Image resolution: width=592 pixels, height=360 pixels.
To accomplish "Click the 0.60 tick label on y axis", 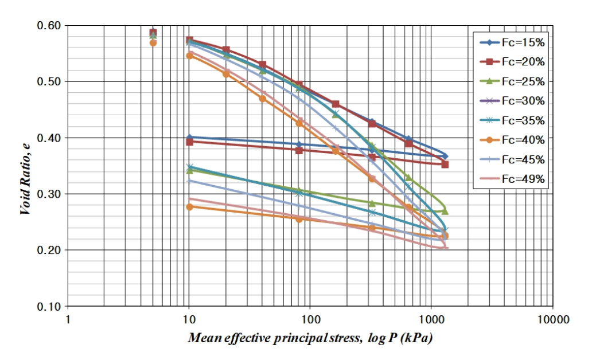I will tap(49, 26).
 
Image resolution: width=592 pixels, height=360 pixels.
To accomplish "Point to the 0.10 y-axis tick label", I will tap(49, 306).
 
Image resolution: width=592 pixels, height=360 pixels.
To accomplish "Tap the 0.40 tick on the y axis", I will tap(49, 138).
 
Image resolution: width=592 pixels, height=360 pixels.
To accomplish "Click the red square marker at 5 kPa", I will tap(153, 33).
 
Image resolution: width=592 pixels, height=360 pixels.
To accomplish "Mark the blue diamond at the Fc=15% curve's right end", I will tap(445, 156).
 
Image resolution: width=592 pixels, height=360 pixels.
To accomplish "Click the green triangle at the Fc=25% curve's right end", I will tap(445, 211).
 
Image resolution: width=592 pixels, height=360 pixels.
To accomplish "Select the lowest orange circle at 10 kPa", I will tap(189, 206).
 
